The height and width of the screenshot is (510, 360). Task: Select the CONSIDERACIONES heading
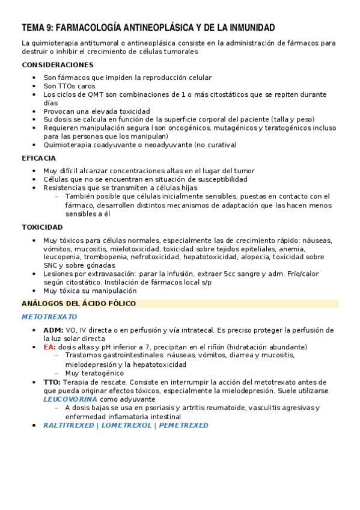point(58,64)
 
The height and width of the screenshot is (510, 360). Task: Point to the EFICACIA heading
point(39,158)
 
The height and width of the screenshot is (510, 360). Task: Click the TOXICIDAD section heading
point(42,227)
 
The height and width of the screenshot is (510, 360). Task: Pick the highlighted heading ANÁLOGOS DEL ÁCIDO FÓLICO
point(79,304)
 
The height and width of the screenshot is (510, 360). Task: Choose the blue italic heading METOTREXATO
point(49,316)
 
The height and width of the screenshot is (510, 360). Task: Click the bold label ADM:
point(53,330)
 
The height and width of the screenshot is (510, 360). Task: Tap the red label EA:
point(49,347)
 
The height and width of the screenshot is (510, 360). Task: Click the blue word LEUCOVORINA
point(70,399)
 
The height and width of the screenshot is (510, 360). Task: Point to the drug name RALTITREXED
point(68,425)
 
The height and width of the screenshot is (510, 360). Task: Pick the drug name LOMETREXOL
point(127,425)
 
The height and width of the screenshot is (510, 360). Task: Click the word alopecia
point(260,257)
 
